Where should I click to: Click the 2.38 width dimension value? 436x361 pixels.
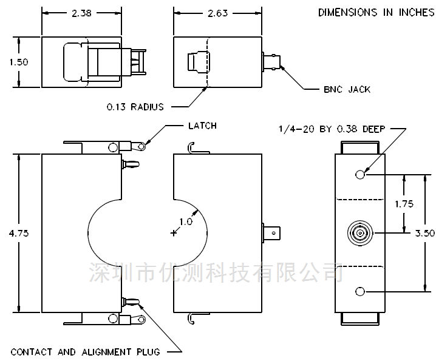(81, 13)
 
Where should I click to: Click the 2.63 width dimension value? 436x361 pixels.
(218, 13)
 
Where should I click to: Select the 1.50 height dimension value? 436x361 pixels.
(19, 62)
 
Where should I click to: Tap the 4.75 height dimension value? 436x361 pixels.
(19, 233)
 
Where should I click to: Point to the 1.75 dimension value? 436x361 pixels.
(404, 204)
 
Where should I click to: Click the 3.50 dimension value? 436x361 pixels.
(425, 233)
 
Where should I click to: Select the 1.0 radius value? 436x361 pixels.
(186, 222)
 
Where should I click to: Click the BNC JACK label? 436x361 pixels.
(347, 89)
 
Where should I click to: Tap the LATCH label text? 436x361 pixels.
(202, 126)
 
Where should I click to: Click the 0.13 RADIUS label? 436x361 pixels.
(135, 107)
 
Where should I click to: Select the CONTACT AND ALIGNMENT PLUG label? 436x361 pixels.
(86, 352)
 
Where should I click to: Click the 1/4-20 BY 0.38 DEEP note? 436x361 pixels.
(332, 129)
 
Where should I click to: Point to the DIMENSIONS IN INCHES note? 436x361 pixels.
(376, 13)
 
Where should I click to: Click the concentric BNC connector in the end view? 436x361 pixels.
(360, 233)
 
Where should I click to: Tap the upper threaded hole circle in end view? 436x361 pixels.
(360, 175)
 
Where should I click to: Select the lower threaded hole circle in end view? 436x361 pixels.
(360, 291)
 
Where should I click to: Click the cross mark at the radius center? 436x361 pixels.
(174, 233)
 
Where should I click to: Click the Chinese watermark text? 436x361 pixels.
(216, 272)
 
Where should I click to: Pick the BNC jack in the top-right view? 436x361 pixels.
(271, 62)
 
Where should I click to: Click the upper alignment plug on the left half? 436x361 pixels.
(131, 164)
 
